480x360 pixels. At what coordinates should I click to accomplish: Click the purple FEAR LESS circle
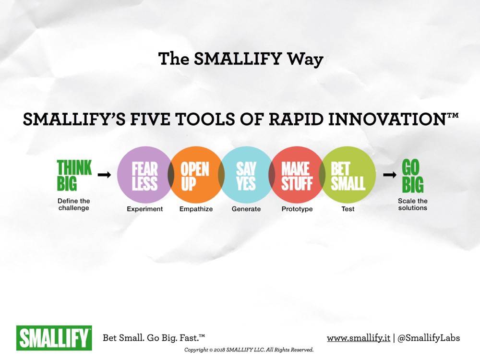144,175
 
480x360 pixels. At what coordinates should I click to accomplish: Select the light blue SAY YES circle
246,175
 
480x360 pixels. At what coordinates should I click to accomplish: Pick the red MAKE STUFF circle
296,175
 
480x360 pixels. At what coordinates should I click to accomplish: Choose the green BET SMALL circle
348,175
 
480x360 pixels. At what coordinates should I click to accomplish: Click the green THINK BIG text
74,176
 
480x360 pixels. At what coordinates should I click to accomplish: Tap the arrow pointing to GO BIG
389,175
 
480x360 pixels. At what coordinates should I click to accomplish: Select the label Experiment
144,209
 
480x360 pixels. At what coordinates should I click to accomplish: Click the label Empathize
196,209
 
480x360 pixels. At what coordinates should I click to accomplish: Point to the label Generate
246,209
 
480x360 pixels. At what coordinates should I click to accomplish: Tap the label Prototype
297,209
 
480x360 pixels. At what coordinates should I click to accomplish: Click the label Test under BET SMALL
348,209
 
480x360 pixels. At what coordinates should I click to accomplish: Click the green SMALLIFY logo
54,337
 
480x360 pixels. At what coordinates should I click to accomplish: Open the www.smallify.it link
358,338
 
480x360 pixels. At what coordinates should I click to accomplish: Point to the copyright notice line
249,350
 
